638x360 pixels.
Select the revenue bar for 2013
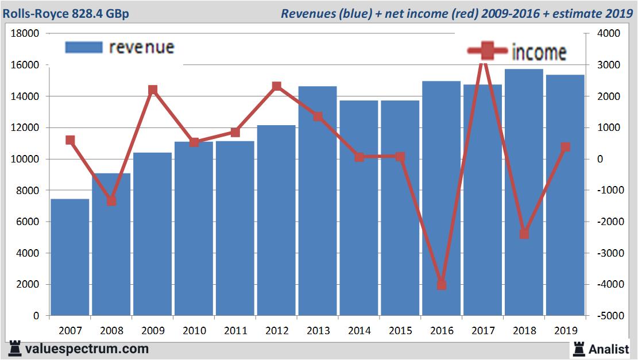[318, 201]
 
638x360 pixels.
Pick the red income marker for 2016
[441, 285]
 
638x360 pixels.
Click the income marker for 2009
[153, 90]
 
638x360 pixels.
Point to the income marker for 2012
[276, 86]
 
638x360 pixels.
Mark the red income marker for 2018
[524, 234]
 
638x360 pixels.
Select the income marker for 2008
[111, 201]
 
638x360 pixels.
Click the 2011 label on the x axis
[235, 331]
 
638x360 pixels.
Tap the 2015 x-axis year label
[400, 331]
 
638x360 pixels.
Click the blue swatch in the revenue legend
[84, 47]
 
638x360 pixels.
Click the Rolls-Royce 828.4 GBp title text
[66, 13]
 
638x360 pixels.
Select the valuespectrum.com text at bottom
[86, 349]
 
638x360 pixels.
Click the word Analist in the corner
[609, 349]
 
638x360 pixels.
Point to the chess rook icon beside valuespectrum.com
[14, 349]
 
